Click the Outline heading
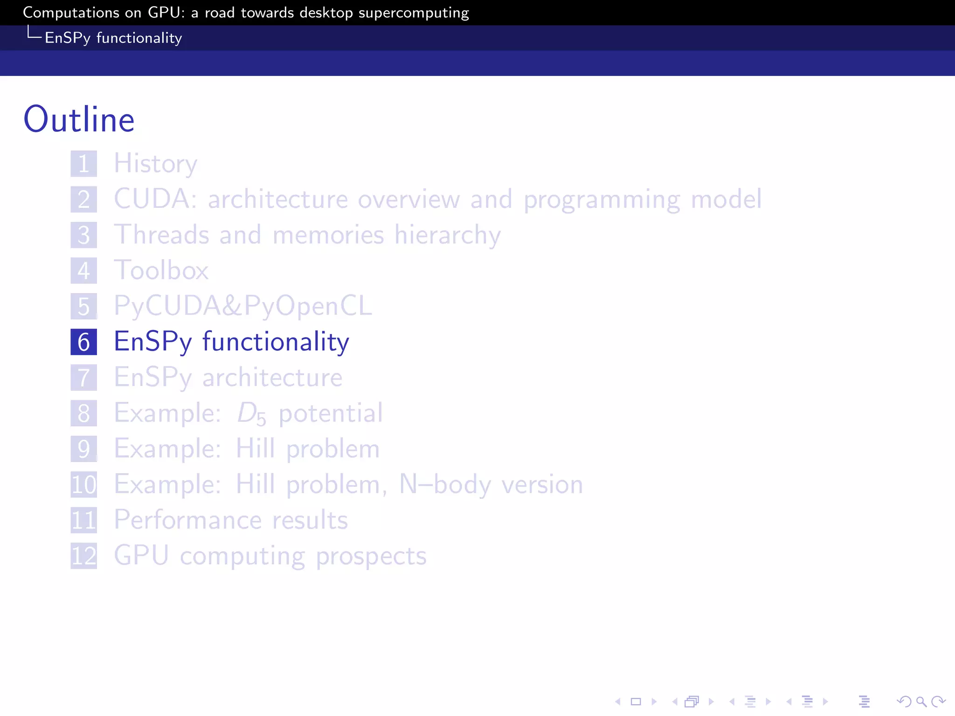79,120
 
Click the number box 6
84,342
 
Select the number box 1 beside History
84,164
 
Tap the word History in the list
156,164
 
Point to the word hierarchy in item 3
447,234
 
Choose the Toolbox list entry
161,270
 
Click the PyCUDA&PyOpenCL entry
243,306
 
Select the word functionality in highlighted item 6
276,342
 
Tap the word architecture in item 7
272,378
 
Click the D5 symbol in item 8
251,413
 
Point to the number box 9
84,449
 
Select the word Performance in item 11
188,520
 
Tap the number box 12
84,556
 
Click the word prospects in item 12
371,556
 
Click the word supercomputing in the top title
414,13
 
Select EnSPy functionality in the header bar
113,38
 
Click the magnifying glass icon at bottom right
921,702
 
